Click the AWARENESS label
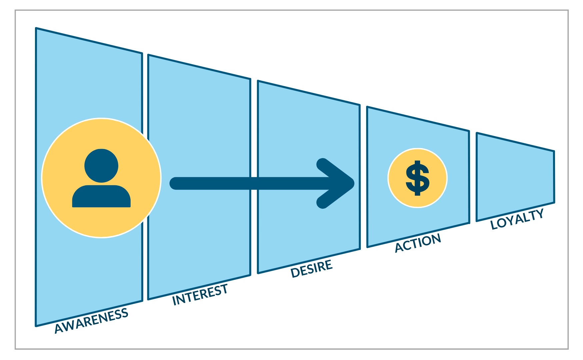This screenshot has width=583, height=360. (91, 320)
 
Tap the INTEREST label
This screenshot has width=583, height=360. (200, 295)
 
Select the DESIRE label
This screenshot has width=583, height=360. (311, 269)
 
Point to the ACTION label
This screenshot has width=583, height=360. (418, 243)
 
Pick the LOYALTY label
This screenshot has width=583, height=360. (517, 219)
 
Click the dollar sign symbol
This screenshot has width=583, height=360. (417, 178)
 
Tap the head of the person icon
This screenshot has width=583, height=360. (101, 166)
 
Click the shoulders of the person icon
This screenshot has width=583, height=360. (101, 197)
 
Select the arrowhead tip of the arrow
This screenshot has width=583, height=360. (352, 183)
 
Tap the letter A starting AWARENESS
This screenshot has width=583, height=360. (59, 328)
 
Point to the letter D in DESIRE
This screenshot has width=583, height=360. (295, 273)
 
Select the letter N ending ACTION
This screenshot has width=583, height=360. (435, 238)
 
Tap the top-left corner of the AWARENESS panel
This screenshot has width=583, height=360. (36, 28)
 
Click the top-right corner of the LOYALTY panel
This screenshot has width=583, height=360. (554, 152)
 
